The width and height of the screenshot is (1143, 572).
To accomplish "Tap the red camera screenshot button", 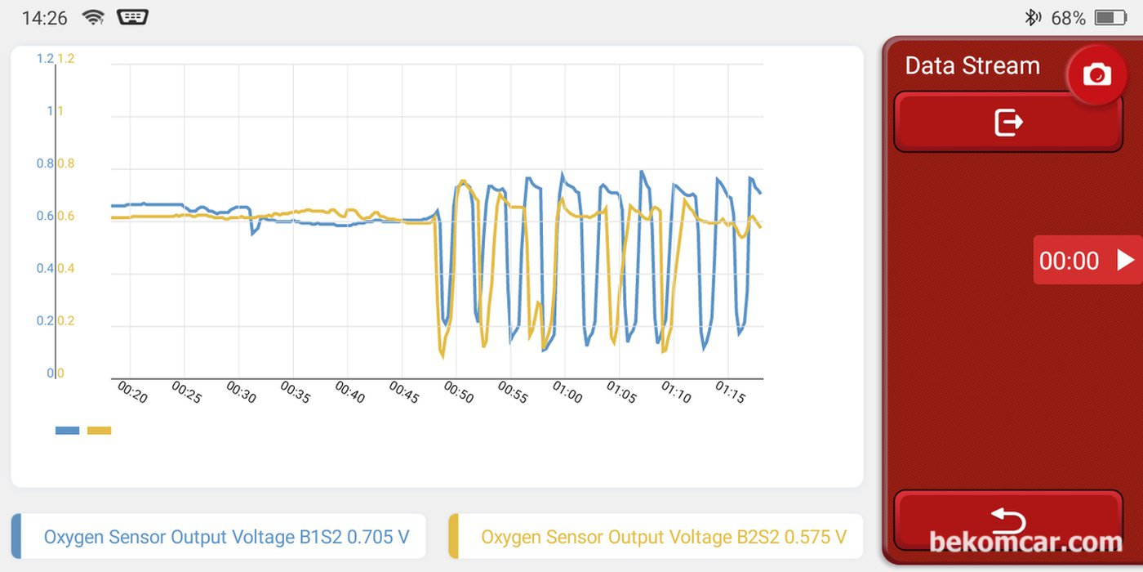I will point(1096,75).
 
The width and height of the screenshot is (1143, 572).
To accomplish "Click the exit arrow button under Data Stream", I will point(1008,123).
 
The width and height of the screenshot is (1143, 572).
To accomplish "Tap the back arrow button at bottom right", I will point(1008,520).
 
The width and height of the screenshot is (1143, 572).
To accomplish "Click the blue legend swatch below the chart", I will point(67,431).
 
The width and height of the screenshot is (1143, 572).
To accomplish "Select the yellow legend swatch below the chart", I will point(99,431).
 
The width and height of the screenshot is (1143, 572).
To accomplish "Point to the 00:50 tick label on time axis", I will point(458,392).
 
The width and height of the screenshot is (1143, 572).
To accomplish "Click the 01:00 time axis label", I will point(567,392).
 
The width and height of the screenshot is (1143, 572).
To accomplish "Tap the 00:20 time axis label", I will point(131,392).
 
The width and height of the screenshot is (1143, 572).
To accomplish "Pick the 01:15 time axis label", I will point(730,392).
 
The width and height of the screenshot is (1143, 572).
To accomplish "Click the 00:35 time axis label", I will point(295,392).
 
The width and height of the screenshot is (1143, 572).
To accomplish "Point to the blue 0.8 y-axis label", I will point(44,163).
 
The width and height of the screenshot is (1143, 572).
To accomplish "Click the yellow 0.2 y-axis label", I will point(65,321).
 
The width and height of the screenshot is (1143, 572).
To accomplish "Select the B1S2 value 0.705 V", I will point(378,537).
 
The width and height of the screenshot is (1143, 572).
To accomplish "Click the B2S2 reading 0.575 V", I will point(815,537).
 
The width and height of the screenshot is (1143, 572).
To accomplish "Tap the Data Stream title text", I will point(972,66).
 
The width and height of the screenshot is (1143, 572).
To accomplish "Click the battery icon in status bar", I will point(1110,17).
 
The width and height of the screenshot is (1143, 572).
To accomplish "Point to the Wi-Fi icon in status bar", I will point(94,17).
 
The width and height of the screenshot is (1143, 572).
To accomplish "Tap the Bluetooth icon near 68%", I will point(1032,17).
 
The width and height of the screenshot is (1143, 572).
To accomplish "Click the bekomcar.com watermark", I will point(1025,542).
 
